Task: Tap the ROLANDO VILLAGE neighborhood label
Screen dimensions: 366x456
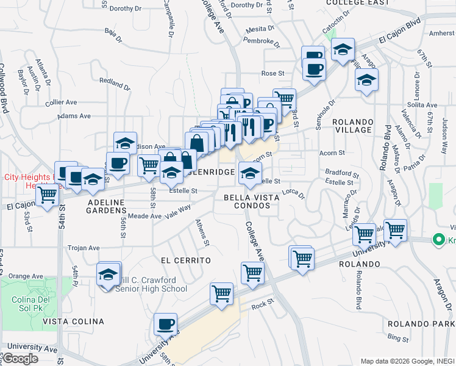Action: point(353,126)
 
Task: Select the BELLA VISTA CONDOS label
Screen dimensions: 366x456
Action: point(251,201)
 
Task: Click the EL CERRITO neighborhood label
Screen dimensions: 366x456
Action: point(185,260)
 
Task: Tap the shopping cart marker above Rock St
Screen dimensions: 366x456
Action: point(222,293)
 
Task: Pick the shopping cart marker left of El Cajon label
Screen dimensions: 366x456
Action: point(47,195)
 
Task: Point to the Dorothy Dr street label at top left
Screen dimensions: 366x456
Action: point(125,9)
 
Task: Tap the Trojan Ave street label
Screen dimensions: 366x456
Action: point(84,248)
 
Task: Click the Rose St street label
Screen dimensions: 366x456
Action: point(273,73)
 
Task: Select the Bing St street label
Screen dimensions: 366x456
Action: point(397,337)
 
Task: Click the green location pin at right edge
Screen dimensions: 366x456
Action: point(437,240)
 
